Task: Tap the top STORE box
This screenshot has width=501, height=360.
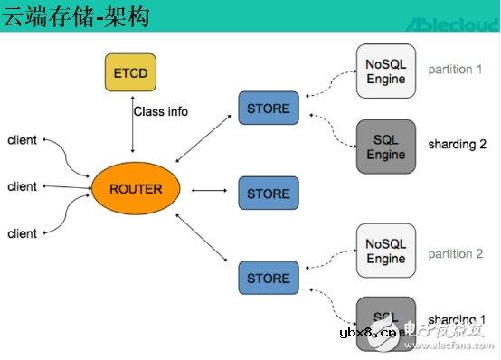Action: [x=268, y=109]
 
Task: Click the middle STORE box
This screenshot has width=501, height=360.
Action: [x=268, y=194]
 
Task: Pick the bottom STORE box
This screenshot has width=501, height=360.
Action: [x=268, y=278]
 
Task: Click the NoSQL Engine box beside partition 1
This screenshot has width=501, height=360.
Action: [x=386, y=71]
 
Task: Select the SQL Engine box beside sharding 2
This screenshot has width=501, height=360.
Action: [x=386, y=147]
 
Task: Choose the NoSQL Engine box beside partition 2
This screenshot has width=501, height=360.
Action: [x=386, y=251]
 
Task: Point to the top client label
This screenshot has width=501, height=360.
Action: [x=22, y=139]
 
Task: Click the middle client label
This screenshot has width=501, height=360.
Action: [x=22, y=186]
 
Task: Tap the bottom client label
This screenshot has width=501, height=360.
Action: [x=22, y=233]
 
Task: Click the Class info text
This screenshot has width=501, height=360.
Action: [x=161, y=112]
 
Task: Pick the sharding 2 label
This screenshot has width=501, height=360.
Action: [x=457, y=144]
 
